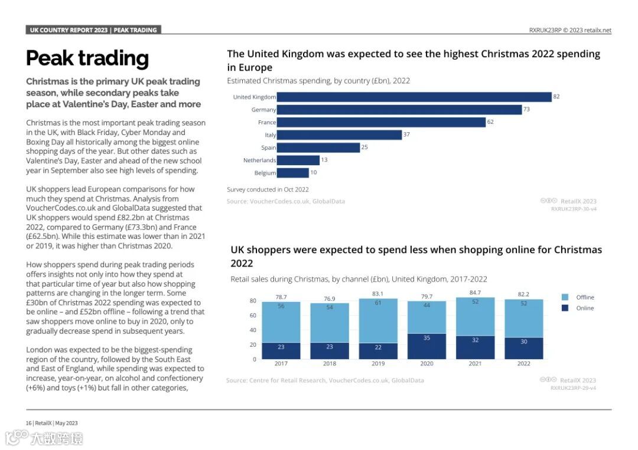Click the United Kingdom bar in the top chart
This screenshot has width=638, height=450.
pyautogui.click(x=414, y=97)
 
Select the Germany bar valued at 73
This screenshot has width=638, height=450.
pyautogui.click(x=399, y=110)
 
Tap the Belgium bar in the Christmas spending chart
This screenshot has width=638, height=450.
pyautogui.click(x=292, y=173)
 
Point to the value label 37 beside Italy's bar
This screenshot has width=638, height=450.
pyautogui.click(x=406, y=135)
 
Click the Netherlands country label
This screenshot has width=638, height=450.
pyautogui.click(x=259, y=160)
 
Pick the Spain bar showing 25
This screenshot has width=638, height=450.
pyautogui.click(x=318, y=147)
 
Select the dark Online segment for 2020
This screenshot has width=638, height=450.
pyautogui.click(x=427, y=346)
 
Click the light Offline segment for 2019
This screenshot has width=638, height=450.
pyautogui.click(x=378, y=321)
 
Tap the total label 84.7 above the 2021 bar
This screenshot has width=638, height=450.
pyautogui.click(x=475, y=293)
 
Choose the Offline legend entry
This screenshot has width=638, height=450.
pyautogui.click(x=585, y=297)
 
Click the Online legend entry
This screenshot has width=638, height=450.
pyautogui.click(x=585, y=308)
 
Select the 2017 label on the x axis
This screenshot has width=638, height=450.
pyautogui.click(x=281, y=364)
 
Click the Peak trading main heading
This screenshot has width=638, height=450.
pyautogui.click(x=87, y=58)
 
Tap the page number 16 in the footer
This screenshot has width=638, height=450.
pyautogui.click(x=28, y=423)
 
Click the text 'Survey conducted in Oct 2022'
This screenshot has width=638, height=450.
pyautogui.click(x=268, y=189)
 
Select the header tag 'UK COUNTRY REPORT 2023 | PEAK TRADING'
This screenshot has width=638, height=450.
pyautogui.click(x=93, y=30)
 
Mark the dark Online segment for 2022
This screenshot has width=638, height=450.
pyautogui.click(x=523, y=349)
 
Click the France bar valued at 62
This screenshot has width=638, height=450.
pyautogui.click(x=381, y=122)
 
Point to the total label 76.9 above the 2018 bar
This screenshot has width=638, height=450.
pyautogui.click(x=330, y=299)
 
